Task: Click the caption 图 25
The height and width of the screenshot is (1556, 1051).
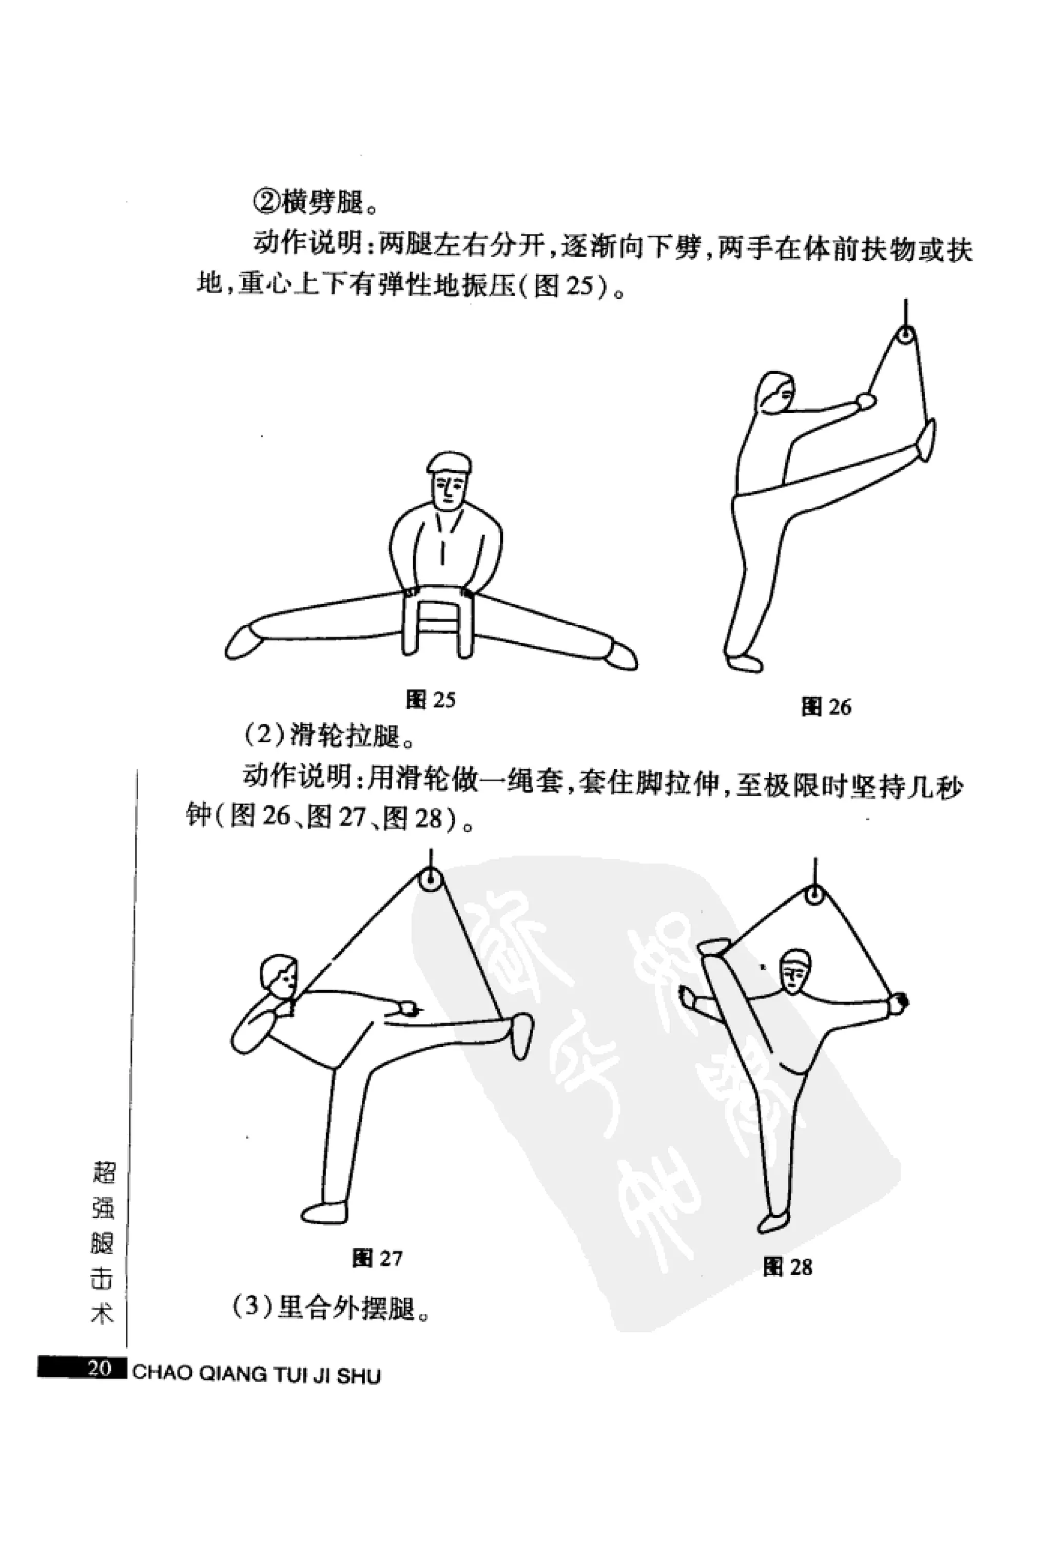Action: pos(431,700)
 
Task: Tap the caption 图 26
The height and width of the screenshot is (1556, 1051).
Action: pos(826,707)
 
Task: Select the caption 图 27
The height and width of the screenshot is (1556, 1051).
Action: pos(377,1259)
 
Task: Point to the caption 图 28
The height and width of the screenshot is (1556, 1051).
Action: pos(787,1267)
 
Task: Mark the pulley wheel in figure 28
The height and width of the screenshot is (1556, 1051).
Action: pos(814,894)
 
